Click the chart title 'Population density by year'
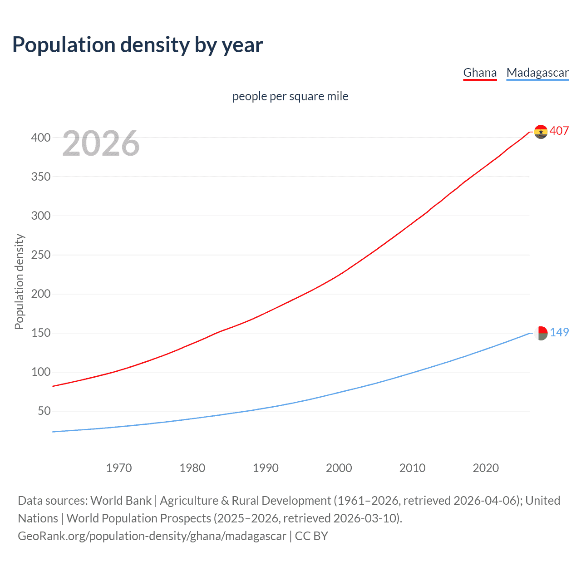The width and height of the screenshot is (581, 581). [x=138, y=45]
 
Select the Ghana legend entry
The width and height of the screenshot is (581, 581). [x=480, y=73]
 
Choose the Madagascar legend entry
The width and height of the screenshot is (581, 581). [x=537, y=73]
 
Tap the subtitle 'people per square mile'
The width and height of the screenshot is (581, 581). [x=290, y=96]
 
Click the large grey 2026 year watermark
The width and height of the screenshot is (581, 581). [x=101, y=143]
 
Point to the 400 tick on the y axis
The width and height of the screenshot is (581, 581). [x=41, y=138]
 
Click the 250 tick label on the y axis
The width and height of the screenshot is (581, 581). [x=41, y=255]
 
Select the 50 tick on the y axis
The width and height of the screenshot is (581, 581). [x=44, y=411]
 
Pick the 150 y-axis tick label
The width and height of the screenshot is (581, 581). [x=41, y=333]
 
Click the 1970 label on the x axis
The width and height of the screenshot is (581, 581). [x=118, y=468]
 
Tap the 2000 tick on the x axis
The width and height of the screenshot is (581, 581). [x=339, y=468]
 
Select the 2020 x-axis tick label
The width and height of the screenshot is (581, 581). [x=485, y=468]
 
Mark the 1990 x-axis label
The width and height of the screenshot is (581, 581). [x=266, y=468]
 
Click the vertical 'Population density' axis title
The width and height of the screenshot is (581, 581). [x=19, y=281]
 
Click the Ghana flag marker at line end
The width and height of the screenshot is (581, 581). [x=541, y=132]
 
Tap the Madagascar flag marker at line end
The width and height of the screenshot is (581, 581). [x=541, y=333]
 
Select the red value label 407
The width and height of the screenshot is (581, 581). [x=559, y=131]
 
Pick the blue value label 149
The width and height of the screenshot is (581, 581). [x=559, y=332]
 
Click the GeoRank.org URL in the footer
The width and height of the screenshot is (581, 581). [x=152, y=536]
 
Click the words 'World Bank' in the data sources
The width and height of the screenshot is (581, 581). [x=121, y=501]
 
